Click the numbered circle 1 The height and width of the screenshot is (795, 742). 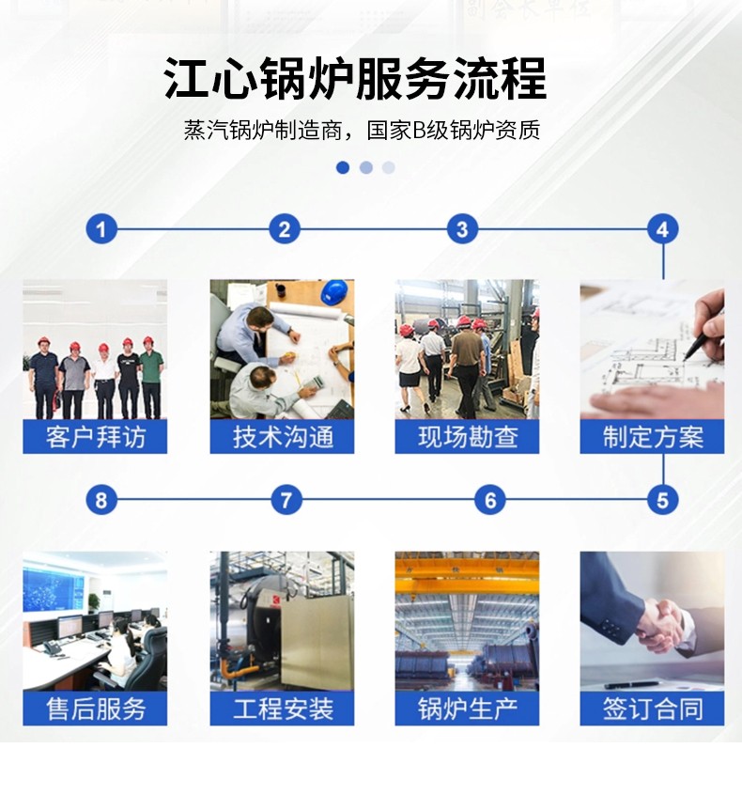101,229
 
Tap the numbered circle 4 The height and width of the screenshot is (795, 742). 662,229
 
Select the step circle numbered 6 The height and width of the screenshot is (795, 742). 489,500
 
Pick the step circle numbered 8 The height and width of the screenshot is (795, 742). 101,500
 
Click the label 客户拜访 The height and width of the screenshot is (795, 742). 95,437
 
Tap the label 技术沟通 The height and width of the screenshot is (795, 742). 283,437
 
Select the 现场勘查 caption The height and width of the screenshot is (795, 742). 468,437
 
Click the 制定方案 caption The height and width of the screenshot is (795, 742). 652,437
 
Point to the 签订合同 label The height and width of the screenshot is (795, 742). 652,709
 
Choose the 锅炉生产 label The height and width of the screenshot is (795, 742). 468,709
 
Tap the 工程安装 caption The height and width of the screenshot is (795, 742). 283,709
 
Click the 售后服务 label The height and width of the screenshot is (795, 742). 95,709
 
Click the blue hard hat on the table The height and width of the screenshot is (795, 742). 335,293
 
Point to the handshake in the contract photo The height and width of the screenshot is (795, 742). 660,625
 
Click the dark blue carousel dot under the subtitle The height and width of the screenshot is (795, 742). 343,167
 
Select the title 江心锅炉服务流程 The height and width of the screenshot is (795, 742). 355,79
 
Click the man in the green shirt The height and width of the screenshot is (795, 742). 151,378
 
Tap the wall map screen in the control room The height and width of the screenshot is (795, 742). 54,589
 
